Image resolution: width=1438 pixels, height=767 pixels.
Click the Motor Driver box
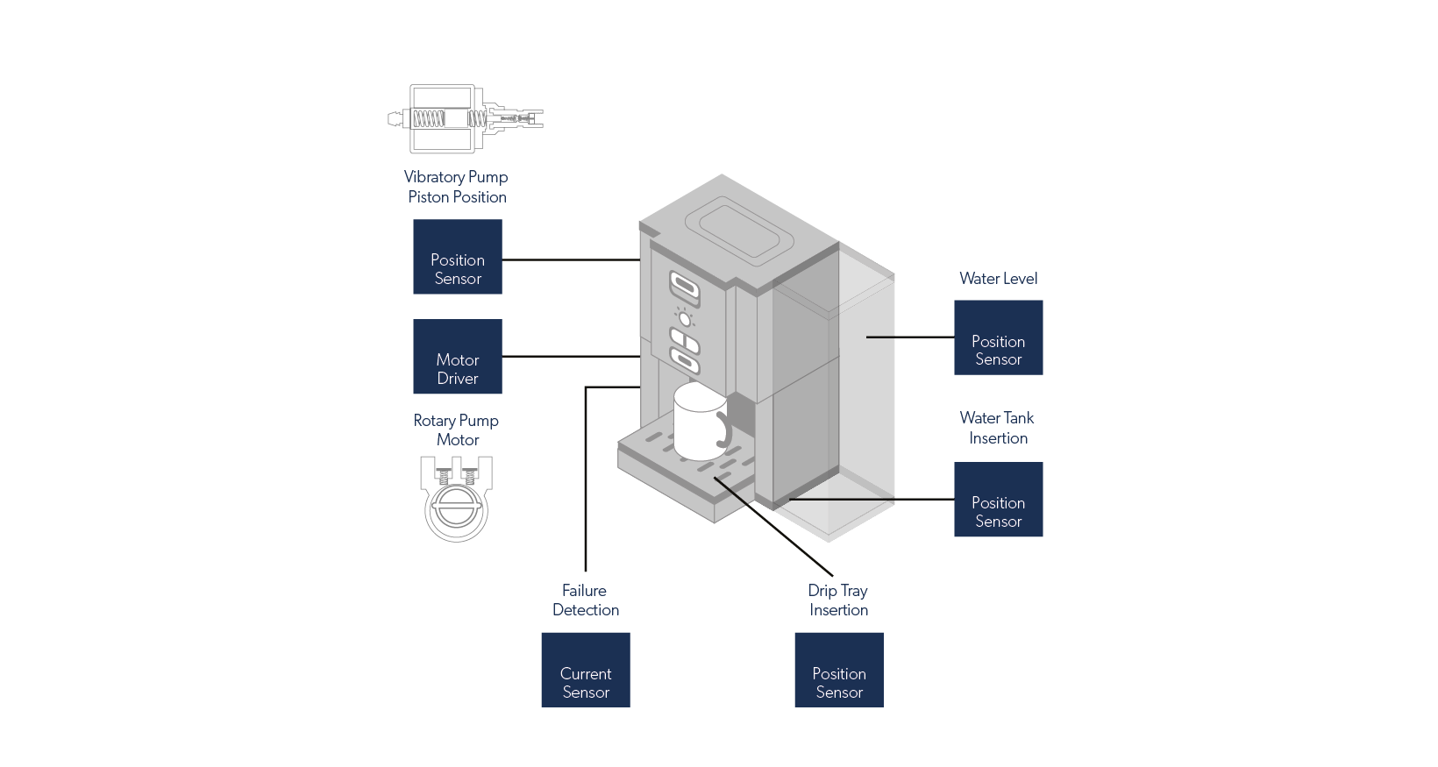click(457, 357)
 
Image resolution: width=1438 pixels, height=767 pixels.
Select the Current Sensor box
click(585, 670)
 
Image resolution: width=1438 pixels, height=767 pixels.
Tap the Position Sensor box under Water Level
click(998, 337)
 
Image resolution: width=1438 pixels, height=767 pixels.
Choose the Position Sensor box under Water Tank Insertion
click(998, 500)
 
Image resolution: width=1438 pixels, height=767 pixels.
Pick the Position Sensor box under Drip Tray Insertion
click(838, 670)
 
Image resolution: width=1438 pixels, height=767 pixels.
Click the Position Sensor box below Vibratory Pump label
click(457, 257)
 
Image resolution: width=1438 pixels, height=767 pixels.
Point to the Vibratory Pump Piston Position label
click(456, 187)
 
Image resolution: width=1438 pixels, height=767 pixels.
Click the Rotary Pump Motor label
click(456, 430)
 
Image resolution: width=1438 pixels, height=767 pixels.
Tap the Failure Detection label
click(585, 600)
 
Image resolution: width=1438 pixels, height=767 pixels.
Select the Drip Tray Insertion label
click(838, 600)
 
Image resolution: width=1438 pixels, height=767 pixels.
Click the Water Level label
click(998, 278)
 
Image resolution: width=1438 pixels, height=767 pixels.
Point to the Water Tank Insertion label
click(998, 428)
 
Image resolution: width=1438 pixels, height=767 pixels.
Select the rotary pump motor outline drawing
click(456, 498)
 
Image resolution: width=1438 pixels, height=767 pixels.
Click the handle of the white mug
click(725, 430)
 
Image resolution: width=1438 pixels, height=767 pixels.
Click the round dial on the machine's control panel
click(685, 318)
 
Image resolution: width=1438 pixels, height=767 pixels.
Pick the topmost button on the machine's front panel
click(685, 287)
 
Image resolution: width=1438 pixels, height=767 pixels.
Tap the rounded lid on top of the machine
click(738, 228)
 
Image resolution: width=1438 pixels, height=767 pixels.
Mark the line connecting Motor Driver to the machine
click(570, 356)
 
